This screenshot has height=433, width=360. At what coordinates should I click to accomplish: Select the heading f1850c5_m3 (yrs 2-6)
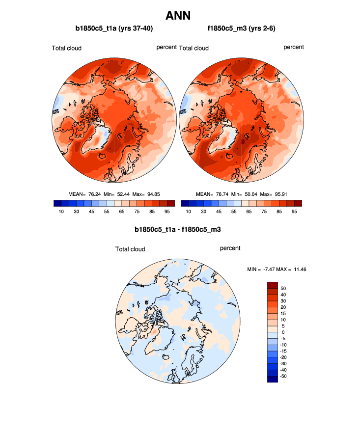(x=241, y=29)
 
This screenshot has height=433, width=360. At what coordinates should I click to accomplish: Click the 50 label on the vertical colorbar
(x=283, y=288)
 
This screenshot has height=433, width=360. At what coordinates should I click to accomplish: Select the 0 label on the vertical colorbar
(x=281, y=332)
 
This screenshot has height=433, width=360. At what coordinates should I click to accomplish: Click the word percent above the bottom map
(x=230, y=248)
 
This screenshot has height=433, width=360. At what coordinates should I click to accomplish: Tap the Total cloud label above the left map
(x=67, y=48)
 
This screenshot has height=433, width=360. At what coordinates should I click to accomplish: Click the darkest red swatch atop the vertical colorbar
(x=273, y=285)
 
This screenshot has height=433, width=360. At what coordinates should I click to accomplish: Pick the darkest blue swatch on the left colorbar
(x=57, y=203)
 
